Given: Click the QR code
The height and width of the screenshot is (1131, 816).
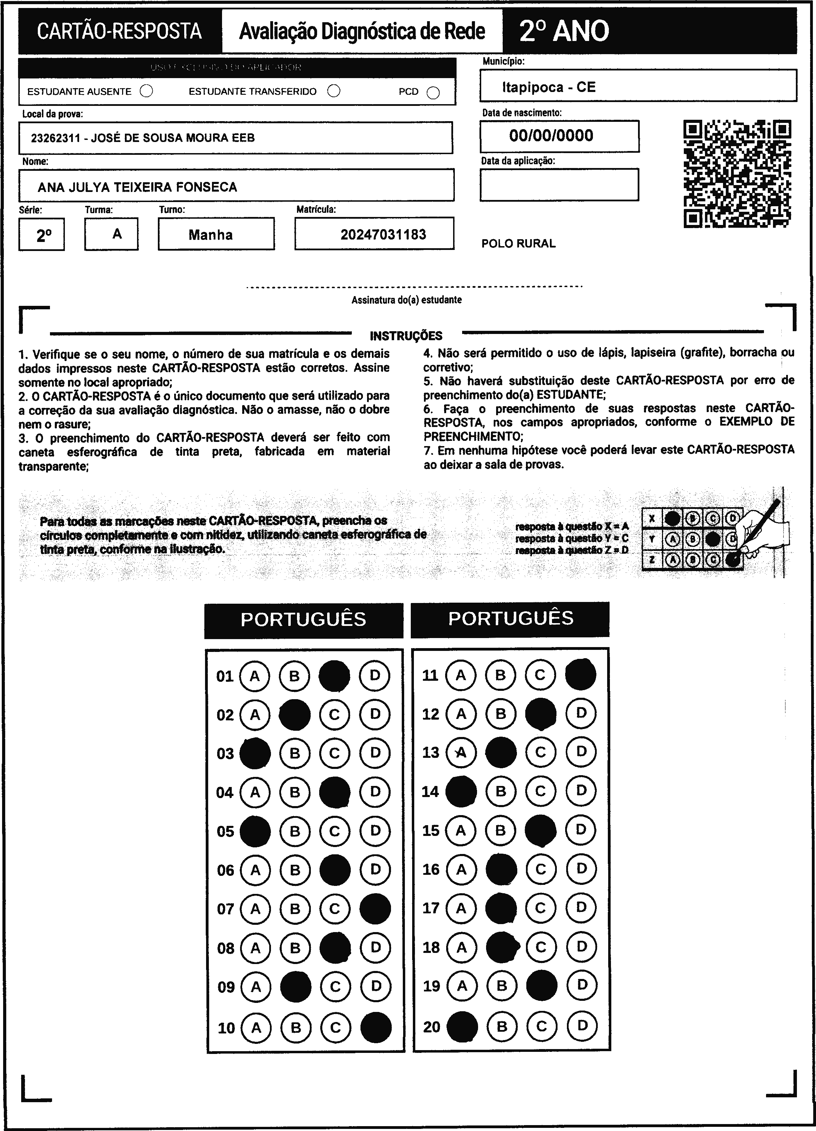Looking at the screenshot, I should coord(737,174).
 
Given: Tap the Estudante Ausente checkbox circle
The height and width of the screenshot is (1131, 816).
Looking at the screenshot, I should coord(146,91).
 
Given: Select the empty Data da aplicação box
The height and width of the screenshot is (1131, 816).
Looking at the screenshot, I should coord(559,185).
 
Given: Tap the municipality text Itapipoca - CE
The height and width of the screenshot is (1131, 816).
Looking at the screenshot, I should coord(548,87).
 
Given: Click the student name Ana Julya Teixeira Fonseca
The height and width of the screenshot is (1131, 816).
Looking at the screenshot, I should coord(137,187).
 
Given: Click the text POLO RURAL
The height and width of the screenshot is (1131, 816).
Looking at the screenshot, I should coord(518,244).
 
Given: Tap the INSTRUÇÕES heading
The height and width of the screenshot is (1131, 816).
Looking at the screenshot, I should coord(406,336).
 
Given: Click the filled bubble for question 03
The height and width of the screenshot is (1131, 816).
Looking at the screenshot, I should coord(255,753).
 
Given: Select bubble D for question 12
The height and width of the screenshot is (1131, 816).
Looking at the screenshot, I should coord(581,713).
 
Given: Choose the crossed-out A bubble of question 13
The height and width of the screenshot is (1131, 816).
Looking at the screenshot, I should coord(461,752).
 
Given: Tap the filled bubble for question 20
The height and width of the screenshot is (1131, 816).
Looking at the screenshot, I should coord(461,1026).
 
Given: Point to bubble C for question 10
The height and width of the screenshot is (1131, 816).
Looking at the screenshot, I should coord(335,1027).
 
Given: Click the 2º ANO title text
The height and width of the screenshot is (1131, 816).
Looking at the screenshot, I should coord(564,31).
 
